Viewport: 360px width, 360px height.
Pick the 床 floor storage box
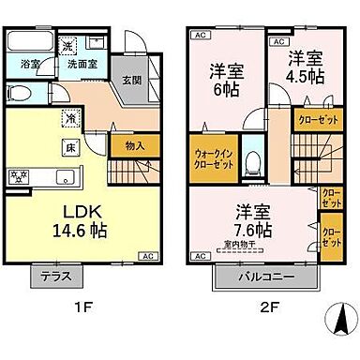pos(70,148)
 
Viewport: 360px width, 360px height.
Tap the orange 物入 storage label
pos(135,145)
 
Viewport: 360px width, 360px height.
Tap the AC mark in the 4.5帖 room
pos(278,42)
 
